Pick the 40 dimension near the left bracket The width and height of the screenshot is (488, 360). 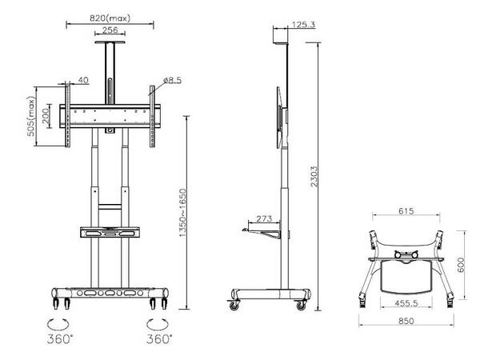(83, 80)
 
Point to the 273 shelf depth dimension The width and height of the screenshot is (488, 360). (265, 218)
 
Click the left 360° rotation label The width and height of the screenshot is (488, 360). (58, 339)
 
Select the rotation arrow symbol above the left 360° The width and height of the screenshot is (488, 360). (58, 323)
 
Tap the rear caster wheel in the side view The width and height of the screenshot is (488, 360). (302, 305)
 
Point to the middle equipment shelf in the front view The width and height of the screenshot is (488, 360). (110, 234)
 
